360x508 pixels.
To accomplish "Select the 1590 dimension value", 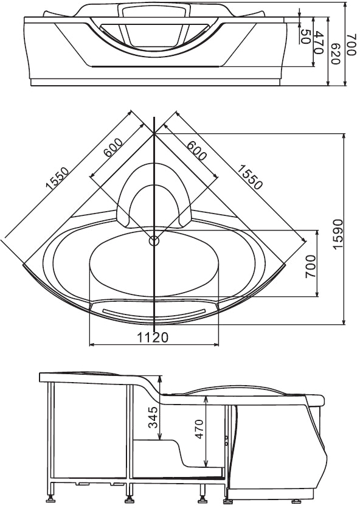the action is (x=337, y=234).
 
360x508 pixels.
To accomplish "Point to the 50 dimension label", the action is (x=306, y=37).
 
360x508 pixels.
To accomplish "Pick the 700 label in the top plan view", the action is (x=310, y=266).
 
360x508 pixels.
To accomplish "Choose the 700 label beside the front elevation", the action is (x=352, y=44).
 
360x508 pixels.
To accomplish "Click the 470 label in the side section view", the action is (x=198, y=429).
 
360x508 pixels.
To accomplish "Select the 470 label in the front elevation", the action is (x=319, y=43).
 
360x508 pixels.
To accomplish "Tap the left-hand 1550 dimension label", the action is (x=57, y=178).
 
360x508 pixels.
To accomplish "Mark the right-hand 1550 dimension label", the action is (x=249, y=177).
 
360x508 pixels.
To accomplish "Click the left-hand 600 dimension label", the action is (x=112, y=147).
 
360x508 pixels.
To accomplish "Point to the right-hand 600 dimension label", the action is (x=196, y=150).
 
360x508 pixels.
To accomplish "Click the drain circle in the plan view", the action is (x=154, y=241).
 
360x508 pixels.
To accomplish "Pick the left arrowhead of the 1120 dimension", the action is (x=91, y=344).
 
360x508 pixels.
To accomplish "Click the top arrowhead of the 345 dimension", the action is (x=159, y=378).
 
